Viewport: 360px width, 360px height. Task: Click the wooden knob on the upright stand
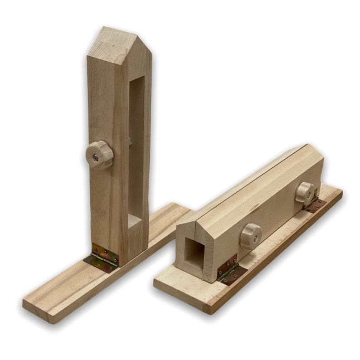[x=99, y=156]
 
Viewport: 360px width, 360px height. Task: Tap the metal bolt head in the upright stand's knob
[x=96, y=158]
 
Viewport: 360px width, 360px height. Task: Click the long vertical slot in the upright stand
[x=136, y=150]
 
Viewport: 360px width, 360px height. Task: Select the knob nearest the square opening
[x=250, y=236]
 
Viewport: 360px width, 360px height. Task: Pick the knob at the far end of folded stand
[x=306, y=193]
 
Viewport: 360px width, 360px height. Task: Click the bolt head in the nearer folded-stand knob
[x=255, y=237]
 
